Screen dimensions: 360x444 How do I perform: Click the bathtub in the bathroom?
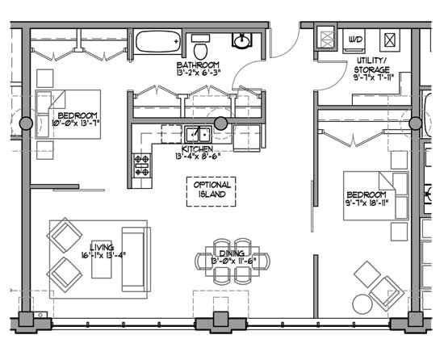point(158,41)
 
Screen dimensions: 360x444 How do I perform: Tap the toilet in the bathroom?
point(200,42)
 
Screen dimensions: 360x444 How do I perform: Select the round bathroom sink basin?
point(241,40)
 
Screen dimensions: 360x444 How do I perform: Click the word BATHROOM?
point(199,65)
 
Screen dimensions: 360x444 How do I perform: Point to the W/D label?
point(355,39)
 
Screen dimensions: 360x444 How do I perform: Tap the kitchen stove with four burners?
point(141,165)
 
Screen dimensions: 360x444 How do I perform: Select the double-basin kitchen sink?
point(196,133)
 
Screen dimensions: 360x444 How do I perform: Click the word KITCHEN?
point(197,149)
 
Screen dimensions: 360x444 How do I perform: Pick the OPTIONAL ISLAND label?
point(212,190)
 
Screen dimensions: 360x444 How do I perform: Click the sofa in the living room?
point(136,259)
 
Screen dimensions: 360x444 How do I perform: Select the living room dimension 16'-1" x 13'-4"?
point(103,257)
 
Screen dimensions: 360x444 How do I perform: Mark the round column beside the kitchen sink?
point(220,123)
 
